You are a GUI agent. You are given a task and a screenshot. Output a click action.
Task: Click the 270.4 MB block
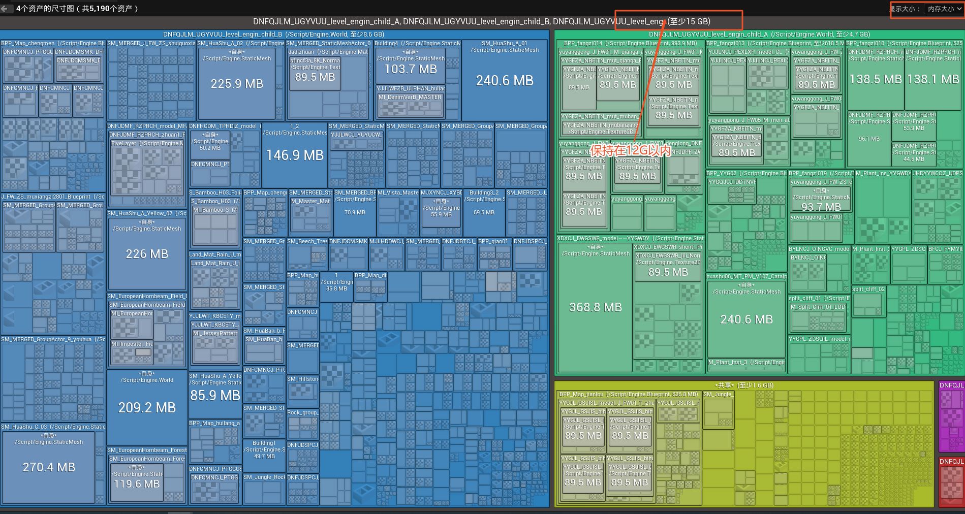point(49,467)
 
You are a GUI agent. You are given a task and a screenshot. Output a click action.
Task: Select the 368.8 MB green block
point(596,307)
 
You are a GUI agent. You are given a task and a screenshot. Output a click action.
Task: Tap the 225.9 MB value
point(237,84)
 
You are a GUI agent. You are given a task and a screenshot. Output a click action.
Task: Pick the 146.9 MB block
point(295,155)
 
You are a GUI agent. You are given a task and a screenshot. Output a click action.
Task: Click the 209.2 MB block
point(147,407)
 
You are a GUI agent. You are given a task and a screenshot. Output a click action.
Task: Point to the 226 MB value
point(147,254)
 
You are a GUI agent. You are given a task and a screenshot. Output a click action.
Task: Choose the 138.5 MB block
point(876,79)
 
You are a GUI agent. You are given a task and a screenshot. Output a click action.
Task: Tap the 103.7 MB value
point(411,69)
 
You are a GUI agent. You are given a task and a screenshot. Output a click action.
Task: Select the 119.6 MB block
point(137,484)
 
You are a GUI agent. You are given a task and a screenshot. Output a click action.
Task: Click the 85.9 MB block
point(215,395)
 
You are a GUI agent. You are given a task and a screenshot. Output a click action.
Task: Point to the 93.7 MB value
point(821,207)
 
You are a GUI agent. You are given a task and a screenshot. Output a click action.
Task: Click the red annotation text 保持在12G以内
point(630,151)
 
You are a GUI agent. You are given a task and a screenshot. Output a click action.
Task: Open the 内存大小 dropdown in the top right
point(944,9)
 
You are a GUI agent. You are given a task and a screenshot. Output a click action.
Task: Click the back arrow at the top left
point(5,9)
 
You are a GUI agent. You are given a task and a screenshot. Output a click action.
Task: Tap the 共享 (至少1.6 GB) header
point(744,385)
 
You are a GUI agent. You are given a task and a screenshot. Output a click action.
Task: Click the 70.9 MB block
point(354,212)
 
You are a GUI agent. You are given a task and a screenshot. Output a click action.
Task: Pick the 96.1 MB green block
point(869,139)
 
